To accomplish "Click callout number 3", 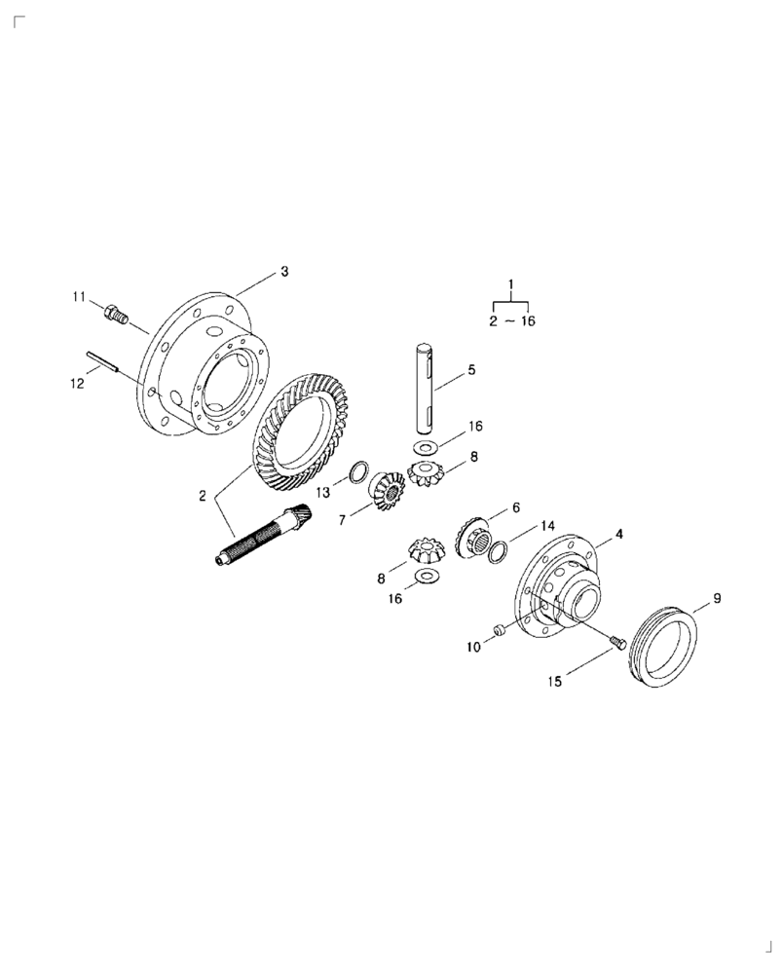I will pos(284,272).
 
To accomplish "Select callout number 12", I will pos(76,384).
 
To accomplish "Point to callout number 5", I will pos(470,369).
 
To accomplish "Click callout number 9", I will pos(717,598).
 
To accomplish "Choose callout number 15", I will pos(554,683).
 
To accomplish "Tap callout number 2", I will pos(203,496).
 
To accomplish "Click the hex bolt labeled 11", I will pos(116,314).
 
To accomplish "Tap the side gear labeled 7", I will pos(387,492).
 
